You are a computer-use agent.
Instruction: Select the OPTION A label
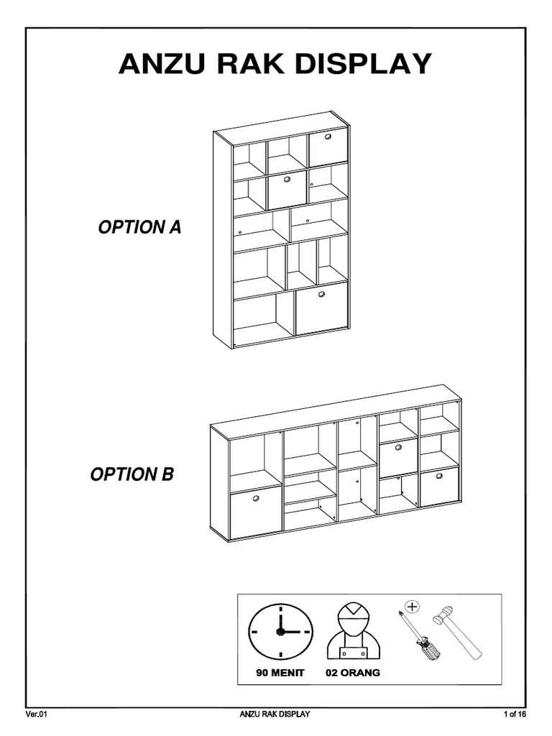(139, 229)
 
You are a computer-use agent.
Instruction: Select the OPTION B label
(132, 475)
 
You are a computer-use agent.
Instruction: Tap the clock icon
(281, 630)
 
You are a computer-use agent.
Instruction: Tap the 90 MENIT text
(281, 673)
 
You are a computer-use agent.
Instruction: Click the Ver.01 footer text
(37, 714)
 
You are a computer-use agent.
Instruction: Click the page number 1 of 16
(515, 714)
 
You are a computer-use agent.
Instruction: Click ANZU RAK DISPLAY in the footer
(275, 714)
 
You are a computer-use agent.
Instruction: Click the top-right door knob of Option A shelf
(328, 137)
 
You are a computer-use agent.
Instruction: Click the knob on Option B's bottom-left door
(255, 497)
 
